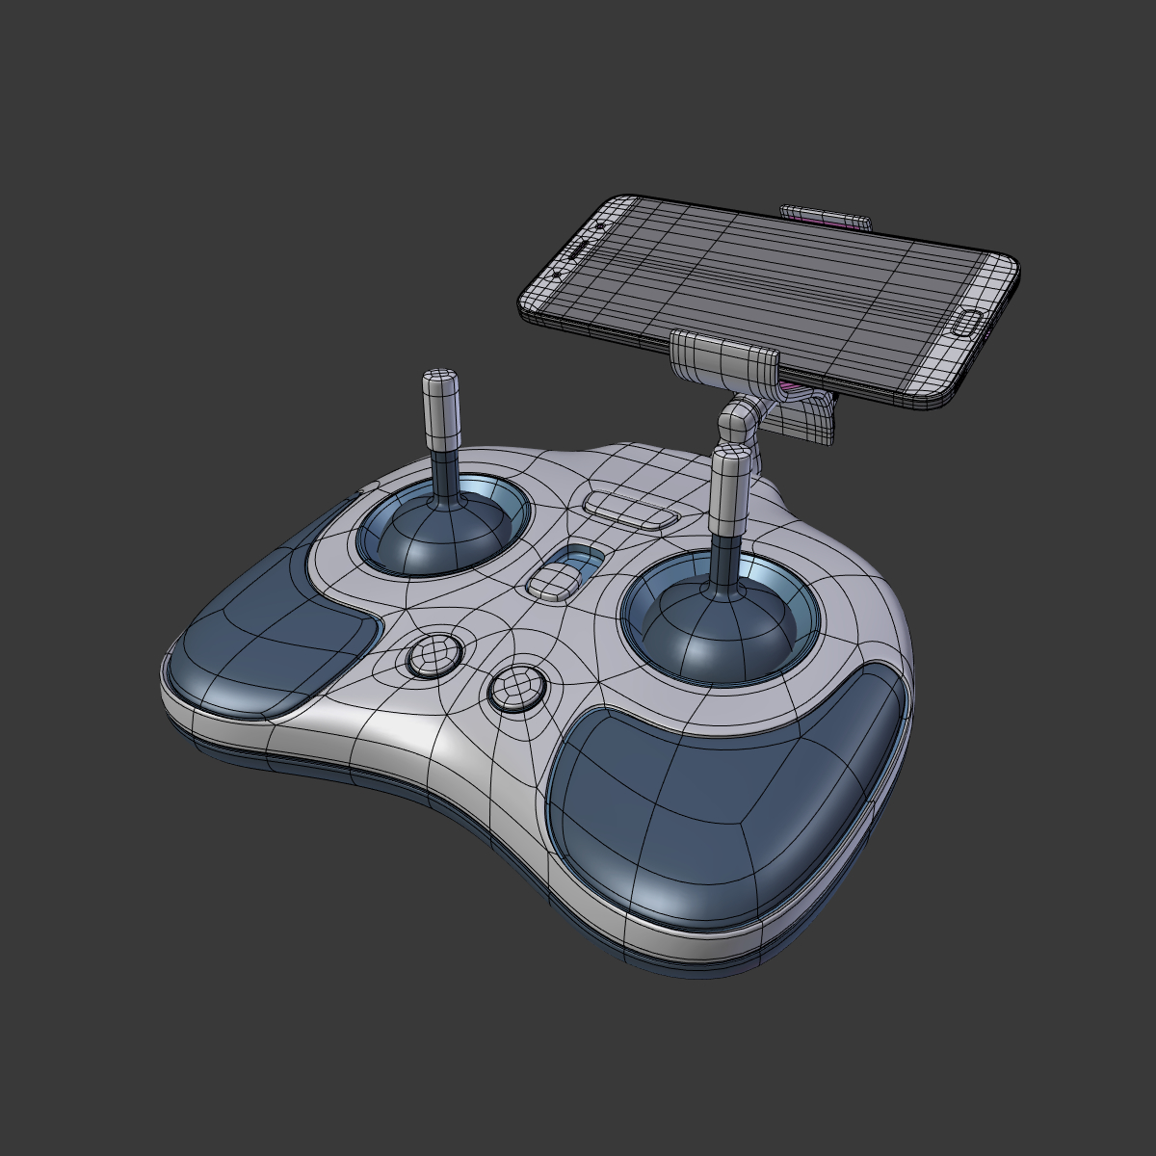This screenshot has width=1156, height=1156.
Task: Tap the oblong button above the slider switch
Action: point(630,510)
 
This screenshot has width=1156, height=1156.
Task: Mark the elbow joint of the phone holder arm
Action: point(738,420)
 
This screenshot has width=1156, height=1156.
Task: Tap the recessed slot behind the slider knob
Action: point(581,556)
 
